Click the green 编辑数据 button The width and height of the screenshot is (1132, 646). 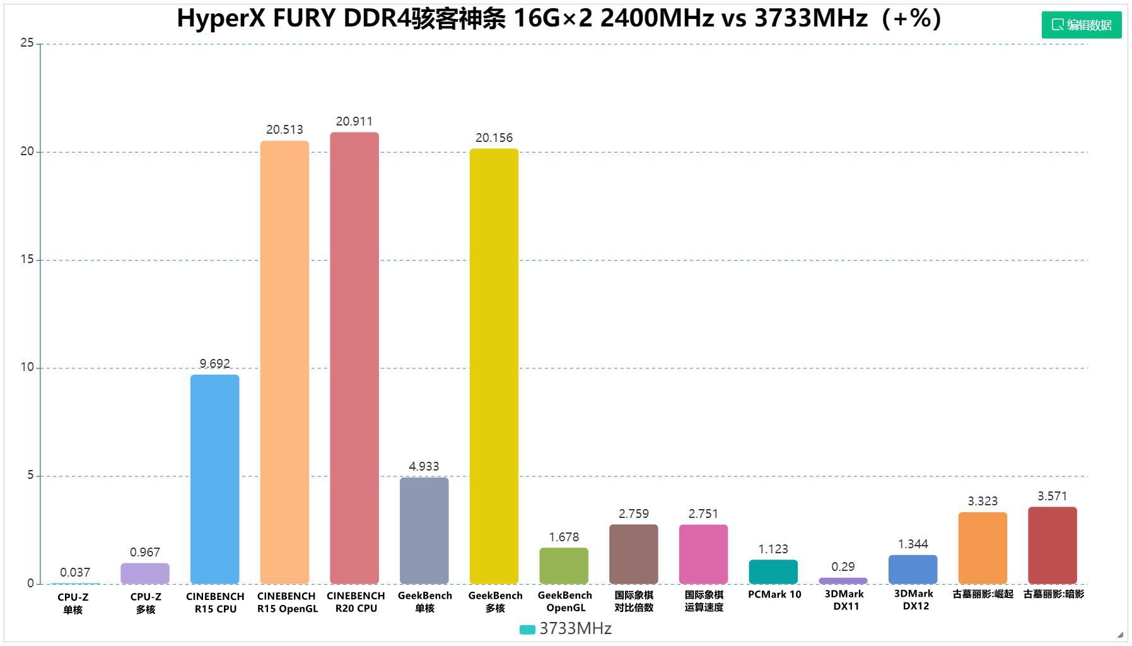(x=1081, y=25)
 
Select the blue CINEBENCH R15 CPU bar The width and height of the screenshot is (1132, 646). (x=215, y=479)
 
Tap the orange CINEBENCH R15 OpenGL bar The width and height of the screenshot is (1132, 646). (x=284, y=362)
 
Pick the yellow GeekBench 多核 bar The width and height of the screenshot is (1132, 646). (x=494, y=366)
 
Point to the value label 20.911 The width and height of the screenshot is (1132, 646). (x=354, y=121)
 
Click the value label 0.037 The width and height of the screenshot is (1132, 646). (x=75, y=572)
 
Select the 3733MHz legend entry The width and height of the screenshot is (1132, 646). (x=566, y=629)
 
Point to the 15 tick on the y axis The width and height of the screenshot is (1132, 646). (x=27, y=259)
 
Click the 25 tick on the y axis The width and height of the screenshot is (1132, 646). (x=27, y=43)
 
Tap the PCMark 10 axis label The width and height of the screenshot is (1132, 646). (x=774, y=594)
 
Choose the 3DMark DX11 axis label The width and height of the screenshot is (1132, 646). (x=844, y=600)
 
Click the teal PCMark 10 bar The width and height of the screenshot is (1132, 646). (x=773, y=572)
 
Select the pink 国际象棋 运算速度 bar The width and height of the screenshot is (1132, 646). (x=703, y=554)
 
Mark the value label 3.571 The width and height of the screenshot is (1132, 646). (x=1052, y=496)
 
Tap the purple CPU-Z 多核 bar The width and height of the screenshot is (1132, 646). (x=145, y=573)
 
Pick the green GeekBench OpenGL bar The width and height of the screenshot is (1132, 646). (x=564, y=565)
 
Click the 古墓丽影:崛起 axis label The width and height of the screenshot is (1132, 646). (x=983, y=594)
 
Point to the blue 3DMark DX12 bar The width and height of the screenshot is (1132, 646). (x=913, y=569)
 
